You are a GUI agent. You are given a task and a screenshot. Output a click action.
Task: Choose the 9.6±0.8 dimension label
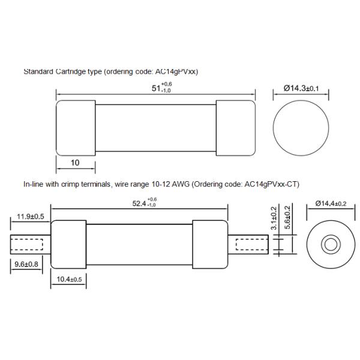pyautogui.click(x=24, y=263)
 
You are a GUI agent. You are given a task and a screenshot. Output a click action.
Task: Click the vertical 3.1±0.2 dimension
pyautogui.click(x=274, y=220)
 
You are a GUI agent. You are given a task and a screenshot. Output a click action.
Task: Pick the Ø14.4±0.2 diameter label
pyautogui.click(x=329, y=203)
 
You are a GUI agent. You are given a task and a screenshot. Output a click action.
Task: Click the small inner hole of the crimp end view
pyautogui.click(x=329, y=245)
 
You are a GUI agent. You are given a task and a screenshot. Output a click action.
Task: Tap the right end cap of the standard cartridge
pyautogui.click(x=234, y=128)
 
